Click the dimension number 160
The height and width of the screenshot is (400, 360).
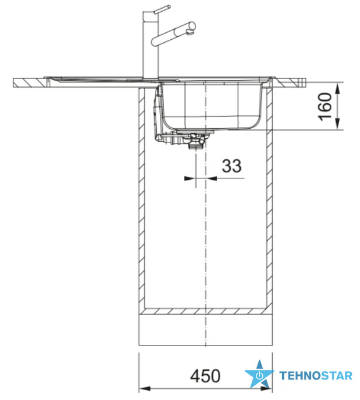tap(325, 106)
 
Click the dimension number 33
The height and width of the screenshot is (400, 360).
tap(231, 166)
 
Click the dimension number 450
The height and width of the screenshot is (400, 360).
tap(205, 376)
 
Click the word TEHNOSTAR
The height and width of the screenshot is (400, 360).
tap(316, 376)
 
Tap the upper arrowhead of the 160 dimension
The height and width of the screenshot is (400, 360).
tap(338, 88)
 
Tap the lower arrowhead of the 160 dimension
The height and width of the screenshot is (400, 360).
tap(338, 124)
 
